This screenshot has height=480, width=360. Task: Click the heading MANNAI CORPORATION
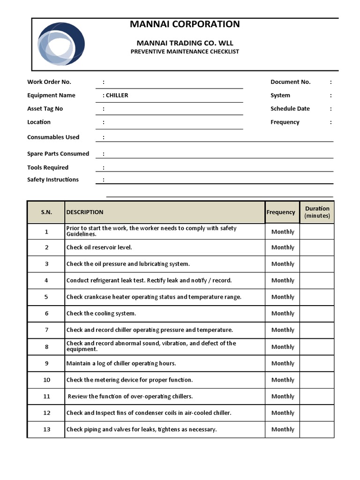point(185,24)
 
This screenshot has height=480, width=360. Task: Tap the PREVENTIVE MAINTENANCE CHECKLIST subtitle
point(185,52)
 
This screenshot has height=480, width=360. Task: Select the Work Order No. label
point(49,82)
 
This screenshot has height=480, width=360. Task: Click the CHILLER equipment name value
point(117,95)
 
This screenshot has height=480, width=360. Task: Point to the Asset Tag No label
point(45,109)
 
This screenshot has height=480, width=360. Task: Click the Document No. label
point(290,82)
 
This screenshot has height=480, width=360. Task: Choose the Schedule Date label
point(290,109)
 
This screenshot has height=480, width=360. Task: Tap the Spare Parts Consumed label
point(58,154)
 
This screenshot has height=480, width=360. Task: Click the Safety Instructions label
point(53,180)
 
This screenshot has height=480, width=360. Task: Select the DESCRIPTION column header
point(85,212)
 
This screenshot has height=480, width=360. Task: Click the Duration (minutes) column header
point(317,212)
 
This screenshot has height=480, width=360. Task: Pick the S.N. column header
point(46,212)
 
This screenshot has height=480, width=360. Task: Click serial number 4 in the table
point(46,280)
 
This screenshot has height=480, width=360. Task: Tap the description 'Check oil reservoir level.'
point(99,247)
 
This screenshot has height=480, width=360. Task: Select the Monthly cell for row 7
point(283,330)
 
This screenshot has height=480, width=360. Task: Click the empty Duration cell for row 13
point(317,429)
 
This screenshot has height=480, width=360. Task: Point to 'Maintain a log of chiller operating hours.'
point(121,363)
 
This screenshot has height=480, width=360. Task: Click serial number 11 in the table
point(46,397)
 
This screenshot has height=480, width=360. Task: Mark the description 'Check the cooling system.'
point(101,314)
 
